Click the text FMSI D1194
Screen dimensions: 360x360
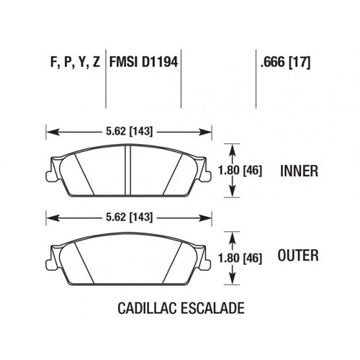(143, 62)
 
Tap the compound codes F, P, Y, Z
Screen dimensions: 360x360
(75, 63)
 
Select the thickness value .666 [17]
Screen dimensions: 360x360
(286, 63)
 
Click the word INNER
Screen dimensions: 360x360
(299, 171)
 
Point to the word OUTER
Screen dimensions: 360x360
(298, 255)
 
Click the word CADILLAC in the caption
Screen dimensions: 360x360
(147, 308)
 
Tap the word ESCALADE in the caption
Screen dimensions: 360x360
(212, 308)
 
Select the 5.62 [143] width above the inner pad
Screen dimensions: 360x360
(129, 132)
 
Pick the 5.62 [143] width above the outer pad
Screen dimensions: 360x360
(129, 217)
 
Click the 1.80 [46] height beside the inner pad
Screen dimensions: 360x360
(240, 171)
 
